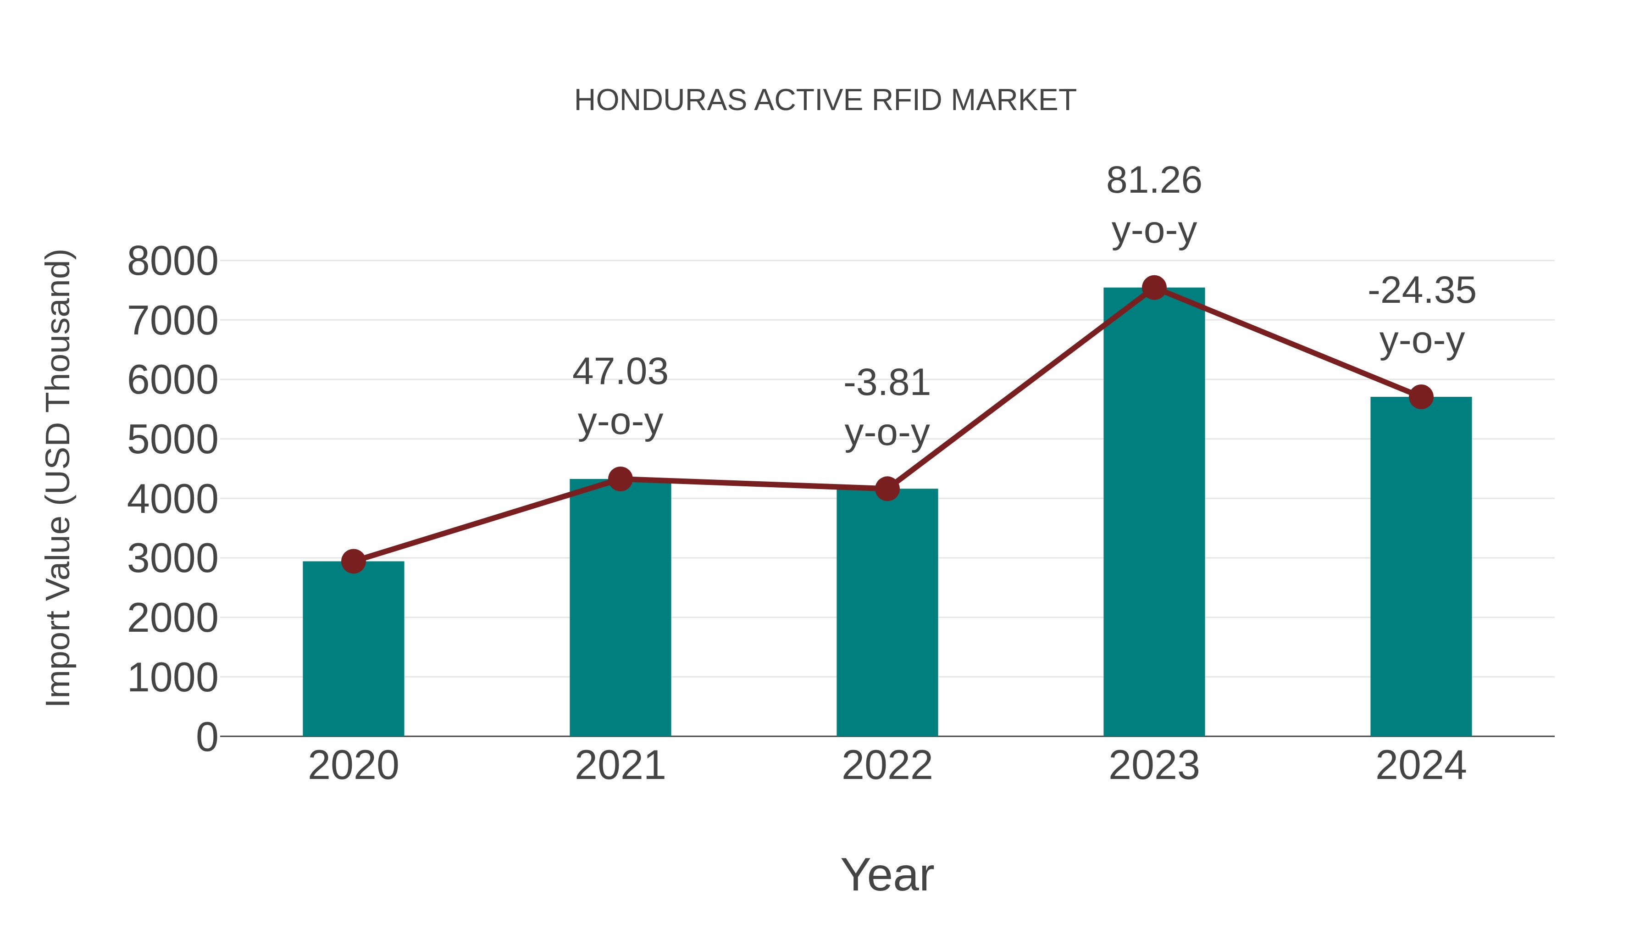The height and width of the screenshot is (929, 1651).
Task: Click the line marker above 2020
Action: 353,562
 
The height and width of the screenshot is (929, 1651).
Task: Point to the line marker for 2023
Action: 1154,288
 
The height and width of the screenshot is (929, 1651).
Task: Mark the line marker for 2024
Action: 1421,397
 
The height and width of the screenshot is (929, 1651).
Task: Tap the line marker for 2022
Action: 887,489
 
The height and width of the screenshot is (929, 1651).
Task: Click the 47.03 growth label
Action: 620,373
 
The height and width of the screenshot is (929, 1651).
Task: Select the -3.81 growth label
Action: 887,384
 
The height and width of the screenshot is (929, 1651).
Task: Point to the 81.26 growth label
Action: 1154,181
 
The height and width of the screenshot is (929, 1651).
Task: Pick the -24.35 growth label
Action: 1421,291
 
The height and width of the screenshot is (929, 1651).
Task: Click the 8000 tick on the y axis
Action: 172,261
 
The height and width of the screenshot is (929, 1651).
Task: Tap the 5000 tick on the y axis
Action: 172,440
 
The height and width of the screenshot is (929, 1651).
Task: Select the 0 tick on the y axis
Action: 207,737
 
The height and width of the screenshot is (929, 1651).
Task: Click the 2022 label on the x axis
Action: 887,766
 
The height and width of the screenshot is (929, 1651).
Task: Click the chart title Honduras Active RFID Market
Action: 825,100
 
